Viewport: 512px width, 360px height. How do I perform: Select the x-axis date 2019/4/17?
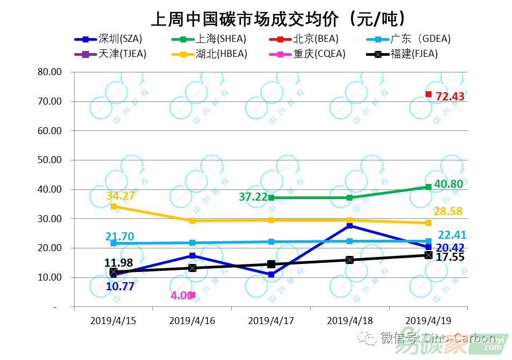point(271,321)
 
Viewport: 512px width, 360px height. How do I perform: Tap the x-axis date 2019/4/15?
point(113,321)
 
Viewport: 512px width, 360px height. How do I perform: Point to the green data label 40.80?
point(449,184)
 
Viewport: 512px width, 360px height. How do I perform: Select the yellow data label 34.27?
point(120,196)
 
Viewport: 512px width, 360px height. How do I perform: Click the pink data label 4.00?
point(181,296)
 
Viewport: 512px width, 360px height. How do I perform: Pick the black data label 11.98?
point(119,262)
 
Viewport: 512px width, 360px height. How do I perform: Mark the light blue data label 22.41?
point(451,235)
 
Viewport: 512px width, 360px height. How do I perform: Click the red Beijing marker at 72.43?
point(428,94)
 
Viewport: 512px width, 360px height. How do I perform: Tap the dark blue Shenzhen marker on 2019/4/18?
point(350,226)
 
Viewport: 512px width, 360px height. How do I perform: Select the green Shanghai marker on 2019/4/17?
point(271,198)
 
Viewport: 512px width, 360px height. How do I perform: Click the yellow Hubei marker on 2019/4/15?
point(113,206)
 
